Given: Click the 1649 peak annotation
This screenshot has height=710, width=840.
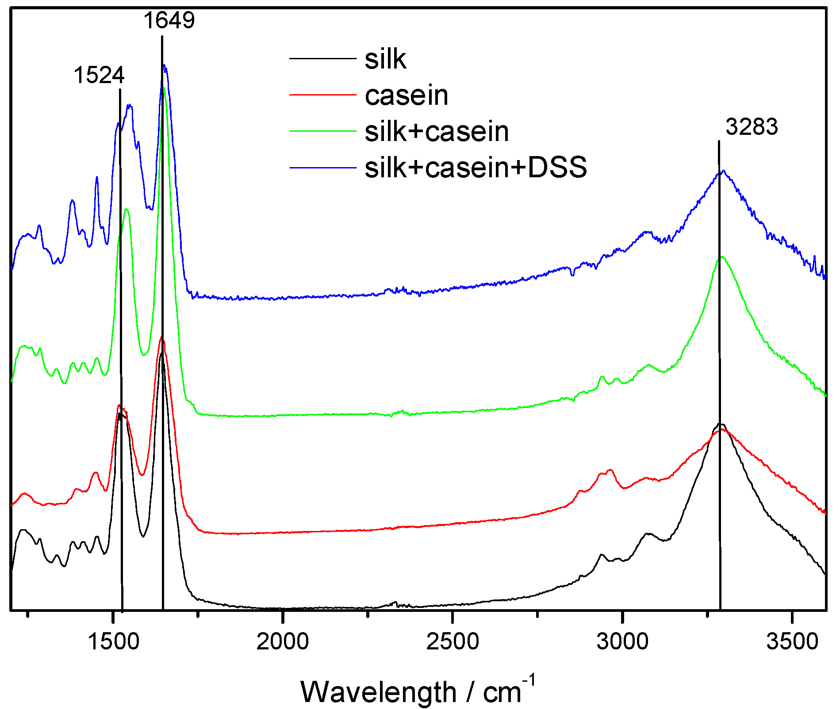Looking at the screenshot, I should [169, 20].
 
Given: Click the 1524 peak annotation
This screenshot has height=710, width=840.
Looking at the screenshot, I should [99, 75].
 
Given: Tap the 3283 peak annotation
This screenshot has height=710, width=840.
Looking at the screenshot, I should [752, 127].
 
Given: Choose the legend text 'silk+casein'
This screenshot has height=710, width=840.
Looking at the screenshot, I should [437, 131].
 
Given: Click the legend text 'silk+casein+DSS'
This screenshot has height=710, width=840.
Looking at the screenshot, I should [476, 168].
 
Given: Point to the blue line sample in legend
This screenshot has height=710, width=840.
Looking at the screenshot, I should [323, 168].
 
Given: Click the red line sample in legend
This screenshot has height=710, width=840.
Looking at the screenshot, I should [323, 95].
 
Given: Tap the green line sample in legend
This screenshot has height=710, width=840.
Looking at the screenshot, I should [323, 131].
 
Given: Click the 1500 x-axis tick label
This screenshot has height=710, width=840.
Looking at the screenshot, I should [114, 641].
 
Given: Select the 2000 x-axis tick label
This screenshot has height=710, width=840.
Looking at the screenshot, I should [283, 641].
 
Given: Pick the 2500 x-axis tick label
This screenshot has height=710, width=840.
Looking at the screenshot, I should [453, 641].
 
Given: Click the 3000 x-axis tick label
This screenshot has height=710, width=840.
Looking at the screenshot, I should [622, 641].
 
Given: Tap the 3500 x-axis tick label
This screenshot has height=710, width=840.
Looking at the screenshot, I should [792, 641].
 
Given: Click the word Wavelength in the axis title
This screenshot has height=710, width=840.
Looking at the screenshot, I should [378, 692].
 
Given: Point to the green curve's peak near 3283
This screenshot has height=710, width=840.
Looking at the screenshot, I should [722, 257].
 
